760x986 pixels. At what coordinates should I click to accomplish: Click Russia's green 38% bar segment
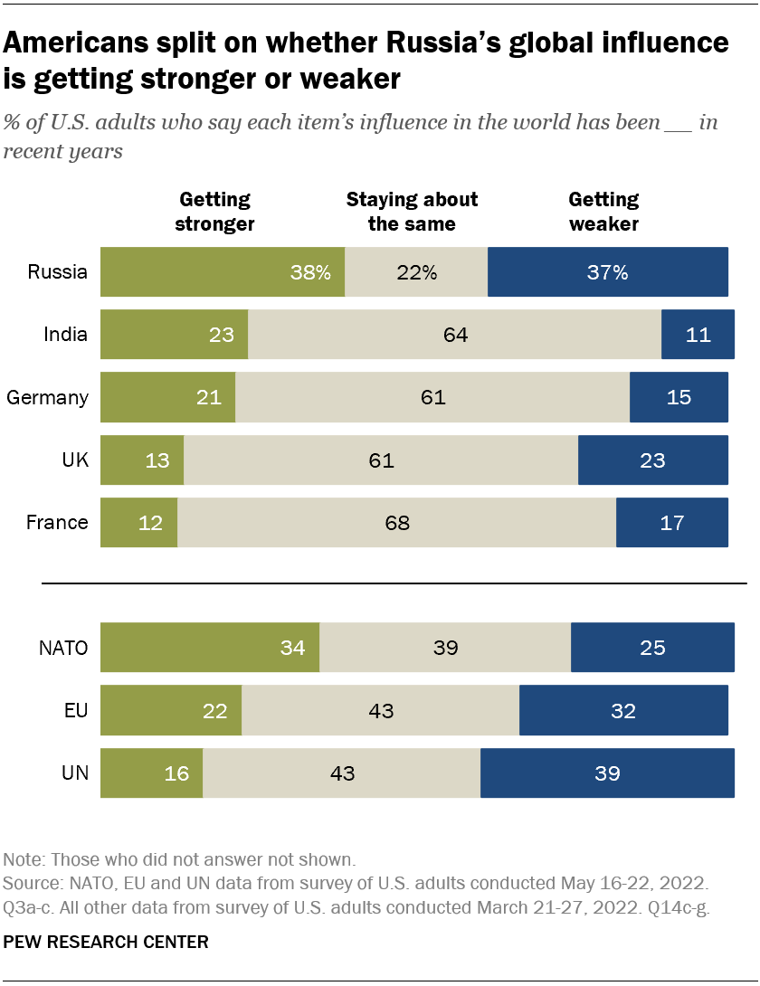point(222,272)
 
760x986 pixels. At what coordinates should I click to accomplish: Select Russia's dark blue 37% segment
point(607,272)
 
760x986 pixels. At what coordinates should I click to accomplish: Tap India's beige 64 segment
point(455,335)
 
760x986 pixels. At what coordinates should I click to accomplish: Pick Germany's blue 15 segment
point(679,397)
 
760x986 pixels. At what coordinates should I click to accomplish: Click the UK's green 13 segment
point(142,460)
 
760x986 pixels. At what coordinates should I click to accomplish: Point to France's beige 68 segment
point(397,522)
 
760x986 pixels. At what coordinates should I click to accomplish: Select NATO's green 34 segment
point(210,648)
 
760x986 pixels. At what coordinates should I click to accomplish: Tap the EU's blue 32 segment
point(623,710)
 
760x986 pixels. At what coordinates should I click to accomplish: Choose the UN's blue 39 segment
point(607,773)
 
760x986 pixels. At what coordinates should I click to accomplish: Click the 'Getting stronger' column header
point(214,211)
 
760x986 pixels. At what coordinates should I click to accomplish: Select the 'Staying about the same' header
point(412,211)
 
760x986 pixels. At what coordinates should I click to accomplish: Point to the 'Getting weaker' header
point(603,211)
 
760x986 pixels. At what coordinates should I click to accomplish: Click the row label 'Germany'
point(48,397)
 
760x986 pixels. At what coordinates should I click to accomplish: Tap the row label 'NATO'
point(63,648)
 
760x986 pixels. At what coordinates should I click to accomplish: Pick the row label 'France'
point(57,522)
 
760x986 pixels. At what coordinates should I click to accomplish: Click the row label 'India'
point(66,335)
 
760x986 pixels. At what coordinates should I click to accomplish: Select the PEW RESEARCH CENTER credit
point(106,942)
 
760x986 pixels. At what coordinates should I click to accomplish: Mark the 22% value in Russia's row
point(417,272)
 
